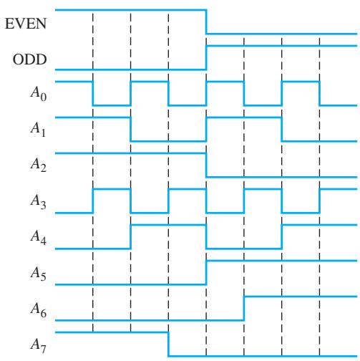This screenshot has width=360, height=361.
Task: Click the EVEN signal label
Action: point(26,24)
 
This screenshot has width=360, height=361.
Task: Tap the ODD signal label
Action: point(29,59)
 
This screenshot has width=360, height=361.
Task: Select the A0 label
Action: point(39,94)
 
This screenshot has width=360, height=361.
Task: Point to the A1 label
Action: point(38,130)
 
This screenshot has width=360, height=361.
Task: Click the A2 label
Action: point(39,165)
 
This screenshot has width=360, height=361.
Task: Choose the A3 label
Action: point(39,201)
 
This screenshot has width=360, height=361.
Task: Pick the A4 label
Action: point(39,237)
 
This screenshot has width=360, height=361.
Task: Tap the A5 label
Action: point(39,273)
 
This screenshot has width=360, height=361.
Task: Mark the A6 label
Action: point(39,309)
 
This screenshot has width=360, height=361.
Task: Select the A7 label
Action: point(39,345)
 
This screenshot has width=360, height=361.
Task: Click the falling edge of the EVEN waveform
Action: point(206,21)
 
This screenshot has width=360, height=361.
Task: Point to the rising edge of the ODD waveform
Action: point(206,57)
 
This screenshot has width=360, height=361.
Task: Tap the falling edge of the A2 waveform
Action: point(206,165)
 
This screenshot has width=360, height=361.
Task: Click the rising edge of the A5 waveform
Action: point(206,272)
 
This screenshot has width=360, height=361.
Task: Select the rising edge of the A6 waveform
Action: point(244,308)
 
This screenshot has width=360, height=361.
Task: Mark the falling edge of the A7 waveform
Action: point(168,344)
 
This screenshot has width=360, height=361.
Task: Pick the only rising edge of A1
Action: point(206,129)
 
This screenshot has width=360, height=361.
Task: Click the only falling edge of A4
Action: point(206,236)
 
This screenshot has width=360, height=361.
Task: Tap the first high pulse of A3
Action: point(112,189)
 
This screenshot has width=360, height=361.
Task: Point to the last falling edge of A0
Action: point(320,93)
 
